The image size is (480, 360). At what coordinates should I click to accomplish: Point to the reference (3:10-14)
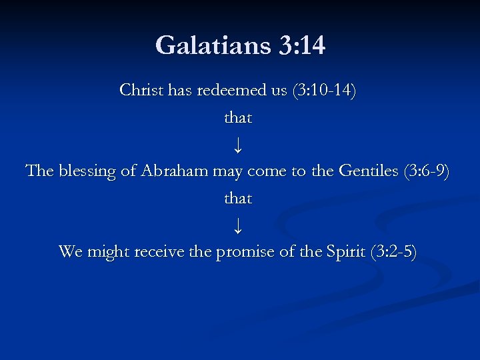324,89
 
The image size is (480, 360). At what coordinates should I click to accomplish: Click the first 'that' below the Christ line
238,117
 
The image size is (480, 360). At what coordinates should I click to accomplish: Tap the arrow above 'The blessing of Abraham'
239,144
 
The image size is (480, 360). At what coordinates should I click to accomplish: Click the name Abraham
175,171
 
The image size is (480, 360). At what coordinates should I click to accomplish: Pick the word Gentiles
369,171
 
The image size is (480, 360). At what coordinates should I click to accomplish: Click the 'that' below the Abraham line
238,198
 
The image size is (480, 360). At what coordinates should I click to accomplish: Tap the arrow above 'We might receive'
239,225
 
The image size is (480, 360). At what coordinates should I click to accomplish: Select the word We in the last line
70,251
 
